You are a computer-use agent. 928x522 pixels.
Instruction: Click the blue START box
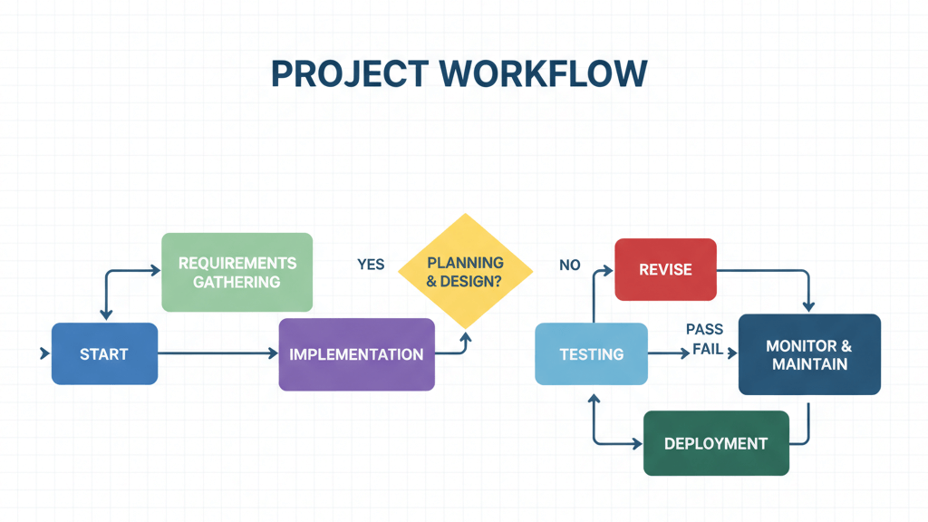coord(104,353)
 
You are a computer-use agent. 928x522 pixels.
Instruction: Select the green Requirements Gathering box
coord(237,272)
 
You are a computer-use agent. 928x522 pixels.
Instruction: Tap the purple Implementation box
coord(356,354)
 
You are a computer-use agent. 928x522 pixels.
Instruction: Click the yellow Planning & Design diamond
coord(466,271)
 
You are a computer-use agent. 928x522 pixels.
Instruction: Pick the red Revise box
coord(665,269)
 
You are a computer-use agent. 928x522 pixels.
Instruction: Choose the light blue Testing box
coord(591,354)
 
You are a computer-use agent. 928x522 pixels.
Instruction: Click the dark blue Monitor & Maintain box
coord(808,354)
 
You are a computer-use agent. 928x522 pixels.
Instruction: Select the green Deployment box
coord(715,443)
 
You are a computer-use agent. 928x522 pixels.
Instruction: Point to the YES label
coord(371,265)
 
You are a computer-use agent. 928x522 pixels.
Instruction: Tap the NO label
coord(569,266)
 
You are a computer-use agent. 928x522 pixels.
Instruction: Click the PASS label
coord(704,329)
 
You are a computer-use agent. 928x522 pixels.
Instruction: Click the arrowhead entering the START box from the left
coord(44,353)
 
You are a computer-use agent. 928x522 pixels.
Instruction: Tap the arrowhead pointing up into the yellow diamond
coord(466,337)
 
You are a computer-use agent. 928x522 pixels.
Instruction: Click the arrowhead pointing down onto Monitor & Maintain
coord(808,306)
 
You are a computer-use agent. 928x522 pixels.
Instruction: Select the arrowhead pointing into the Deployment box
coord(637,443)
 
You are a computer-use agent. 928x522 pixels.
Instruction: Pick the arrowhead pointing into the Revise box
coord(609,269)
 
